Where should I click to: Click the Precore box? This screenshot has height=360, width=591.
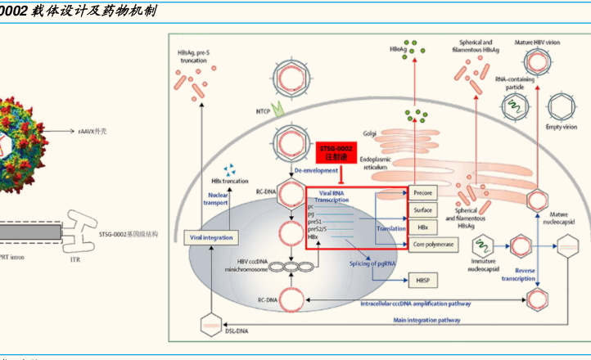[422, 192]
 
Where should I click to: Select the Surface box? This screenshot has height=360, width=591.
[422, 209]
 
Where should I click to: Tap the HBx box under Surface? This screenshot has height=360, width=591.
[422, 227]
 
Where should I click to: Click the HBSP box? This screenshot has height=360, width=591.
[422, 281]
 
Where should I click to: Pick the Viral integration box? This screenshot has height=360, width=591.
[211, 237]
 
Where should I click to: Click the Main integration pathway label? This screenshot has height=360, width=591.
[426, 320]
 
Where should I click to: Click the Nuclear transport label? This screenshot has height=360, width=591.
[218, 199]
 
